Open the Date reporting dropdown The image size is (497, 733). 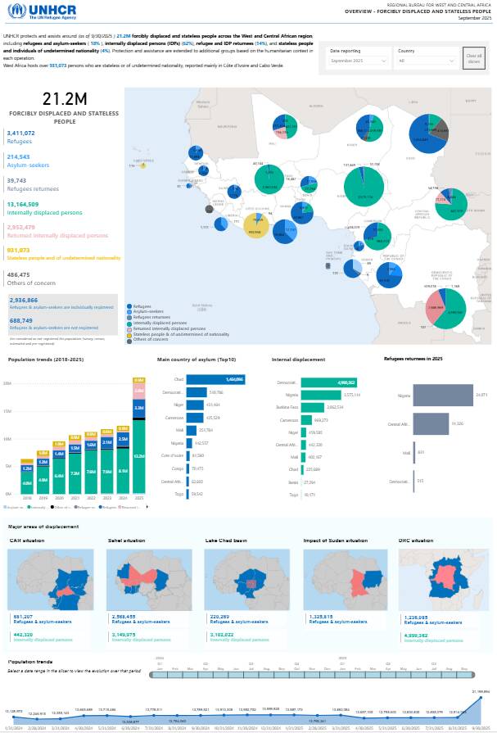coord(359,61)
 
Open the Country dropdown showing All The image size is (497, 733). coord(426,61)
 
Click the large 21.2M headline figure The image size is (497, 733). coord(65,98)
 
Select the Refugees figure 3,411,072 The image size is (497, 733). coord(20,133)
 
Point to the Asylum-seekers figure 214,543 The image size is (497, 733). coord(19,156)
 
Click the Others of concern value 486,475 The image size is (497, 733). coord(19,274)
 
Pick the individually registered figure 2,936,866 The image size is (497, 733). coord(25,301)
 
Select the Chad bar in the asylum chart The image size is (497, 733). coord(215,380)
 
